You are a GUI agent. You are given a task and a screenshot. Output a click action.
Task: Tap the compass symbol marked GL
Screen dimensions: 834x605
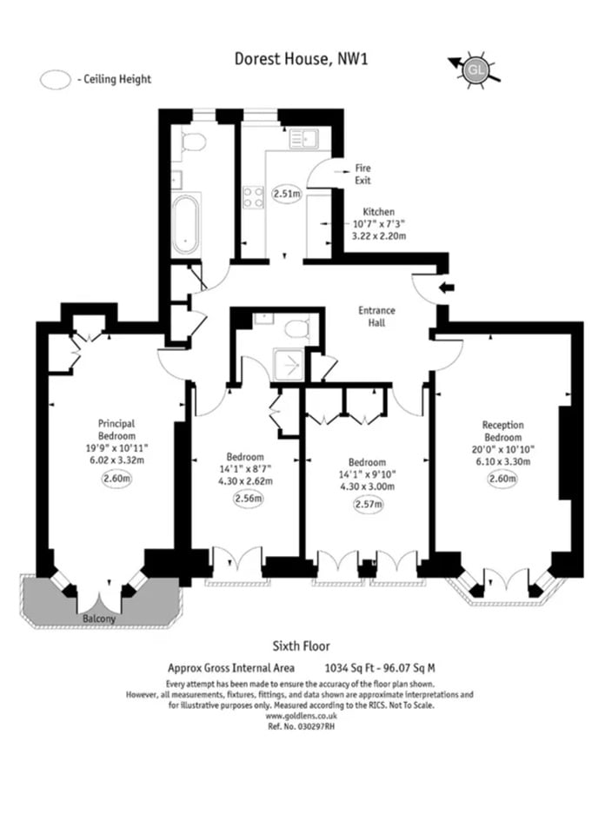[x=475, y=69]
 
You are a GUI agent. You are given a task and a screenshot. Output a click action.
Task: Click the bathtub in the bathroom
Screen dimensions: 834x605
[x=186, y=224]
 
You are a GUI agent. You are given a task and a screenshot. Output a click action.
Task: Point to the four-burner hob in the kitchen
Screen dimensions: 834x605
[x=253, y=197]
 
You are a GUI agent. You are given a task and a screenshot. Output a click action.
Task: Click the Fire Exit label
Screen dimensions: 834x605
[x=362, y=174]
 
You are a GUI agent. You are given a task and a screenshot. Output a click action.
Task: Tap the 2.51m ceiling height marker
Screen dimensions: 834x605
[x=285, y=194]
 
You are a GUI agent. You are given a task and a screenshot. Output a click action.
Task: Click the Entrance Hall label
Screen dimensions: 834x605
[x=377, y=316]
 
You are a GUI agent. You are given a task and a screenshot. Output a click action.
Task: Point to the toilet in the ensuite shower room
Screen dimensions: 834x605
[x=296, y=328]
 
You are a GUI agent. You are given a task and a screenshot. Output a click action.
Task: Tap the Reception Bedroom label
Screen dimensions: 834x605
[x=503, y=431]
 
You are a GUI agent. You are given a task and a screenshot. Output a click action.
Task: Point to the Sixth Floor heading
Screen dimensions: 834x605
[x=301, y=645]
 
